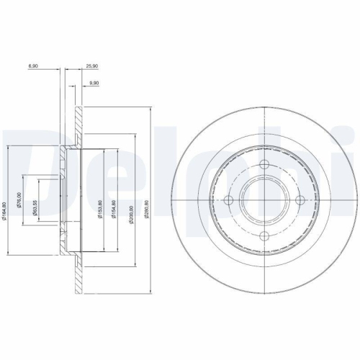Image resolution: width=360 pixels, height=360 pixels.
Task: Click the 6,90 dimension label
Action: pos(33,66)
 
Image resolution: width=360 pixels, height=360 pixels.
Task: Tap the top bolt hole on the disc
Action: pos(264,163)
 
